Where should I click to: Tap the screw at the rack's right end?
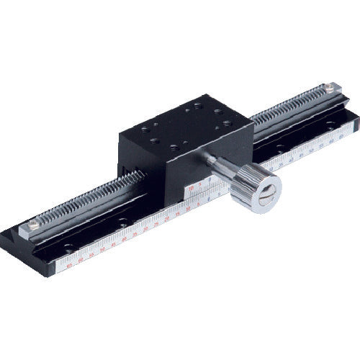pos(328,88)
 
